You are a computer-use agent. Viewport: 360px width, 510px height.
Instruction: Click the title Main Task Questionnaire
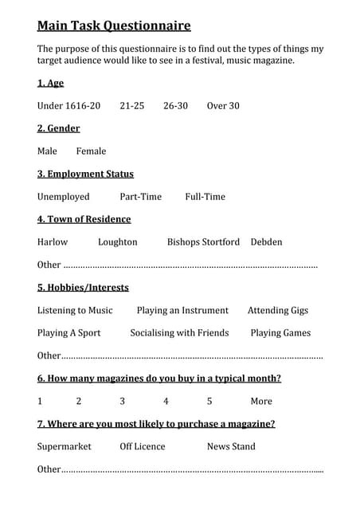(114, 25)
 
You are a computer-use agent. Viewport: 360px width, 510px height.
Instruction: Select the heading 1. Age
(50, 83)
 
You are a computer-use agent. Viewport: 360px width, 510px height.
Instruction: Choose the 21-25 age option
(132, 106)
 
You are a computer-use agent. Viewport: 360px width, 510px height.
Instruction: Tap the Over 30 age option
(223, 106)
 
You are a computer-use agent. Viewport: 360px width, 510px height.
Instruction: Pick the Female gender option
(91, 151)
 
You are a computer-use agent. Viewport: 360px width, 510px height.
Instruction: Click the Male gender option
(47, 151)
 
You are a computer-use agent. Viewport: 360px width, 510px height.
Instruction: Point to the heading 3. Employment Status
(85, 174)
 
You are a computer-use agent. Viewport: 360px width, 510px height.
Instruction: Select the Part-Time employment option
(140, 197)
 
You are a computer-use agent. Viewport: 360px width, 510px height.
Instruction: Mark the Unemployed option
(64, 197)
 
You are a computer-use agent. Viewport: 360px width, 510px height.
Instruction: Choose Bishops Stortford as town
(203, 242)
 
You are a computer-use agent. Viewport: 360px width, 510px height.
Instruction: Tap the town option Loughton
(118, 242)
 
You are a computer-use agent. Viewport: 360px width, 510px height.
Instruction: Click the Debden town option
(266, 242)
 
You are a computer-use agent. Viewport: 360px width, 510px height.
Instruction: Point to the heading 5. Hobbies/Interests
(83, 288)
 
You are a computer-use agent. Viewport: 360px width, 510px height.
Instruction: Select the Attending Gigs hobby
(278, 311)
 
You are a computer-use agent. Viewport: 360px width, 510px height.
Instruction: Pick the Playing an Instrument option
(182, 311)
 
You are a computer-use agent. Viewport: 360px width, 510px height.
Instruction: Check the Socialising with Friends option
(179, 333)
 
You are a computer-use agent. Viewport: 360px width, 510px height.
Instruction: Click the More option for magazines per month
(261, 402)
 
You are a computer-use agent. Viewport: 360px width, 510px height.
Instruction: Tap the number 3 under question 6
(123, 402)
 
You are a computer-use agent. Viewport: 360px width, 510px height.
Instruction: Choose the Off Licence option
(143, 447)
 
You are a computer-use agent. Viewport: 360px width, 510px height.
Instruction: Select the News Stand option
(231, 447)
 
